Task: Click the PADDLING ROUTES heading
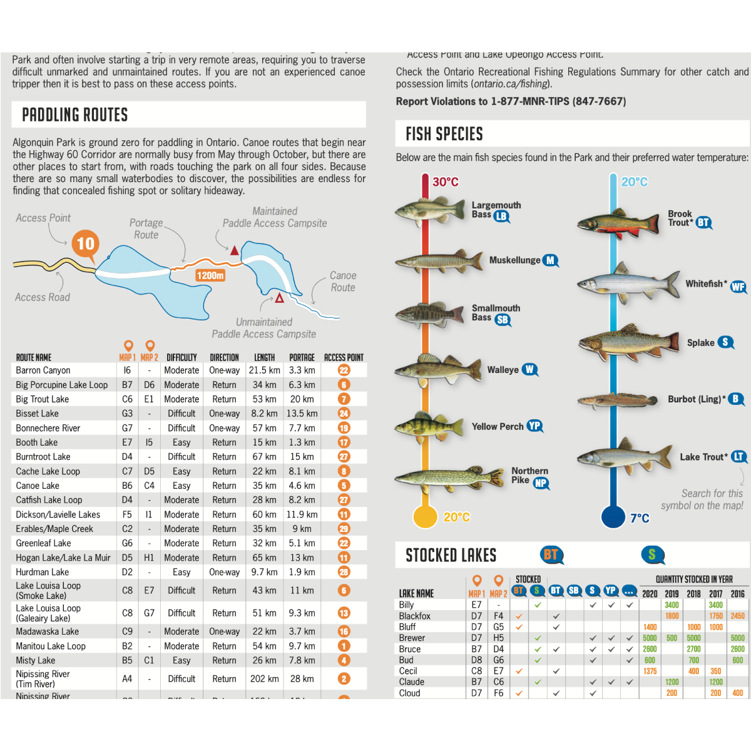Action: point(75,115)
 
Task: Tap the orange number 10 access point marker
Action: point(86,243)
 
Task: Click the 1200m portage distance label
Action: point(210,275)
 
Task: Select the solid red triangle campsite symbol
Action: point(235,250)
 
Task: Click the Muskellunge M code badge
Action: point(550,260)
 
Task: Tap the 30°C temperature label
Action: point(446,182)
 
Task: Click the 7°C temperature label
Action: point(640,518)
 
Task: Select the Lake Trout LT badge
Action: point(739,457)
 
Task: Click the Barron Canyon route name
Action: point(43,370)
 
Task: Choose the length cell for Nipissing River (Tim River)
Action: point(265,678)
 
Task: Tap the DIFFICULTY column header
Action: point(181,358)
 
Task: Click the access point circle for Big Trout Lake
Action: point(344,399)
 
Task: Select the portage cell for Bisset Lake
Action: point(302,414)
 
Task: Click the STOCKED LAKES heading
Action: point(451,556)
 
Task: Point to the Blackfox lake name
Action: point(415,616)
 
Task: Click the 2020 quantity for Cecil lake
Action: point(650,671)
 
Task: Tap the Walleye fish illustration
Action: point(429,369)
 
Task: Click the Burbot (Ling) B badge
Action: point(736,399)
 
